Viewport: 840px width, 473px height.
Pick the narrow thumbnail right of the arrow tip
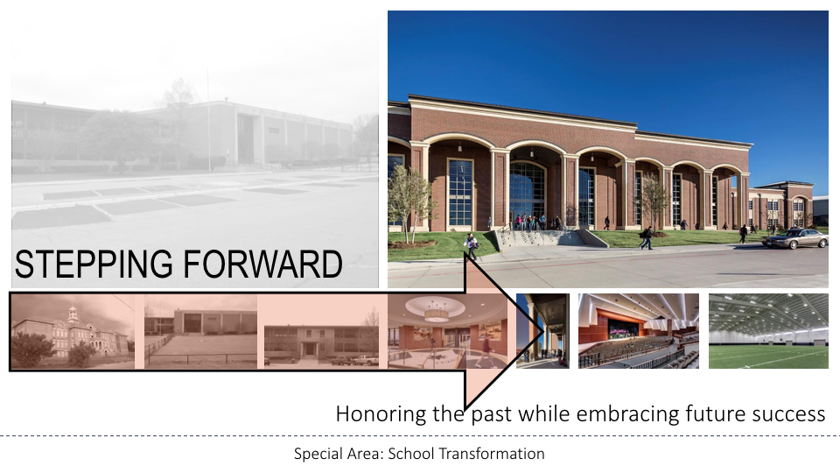point(542,331)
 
